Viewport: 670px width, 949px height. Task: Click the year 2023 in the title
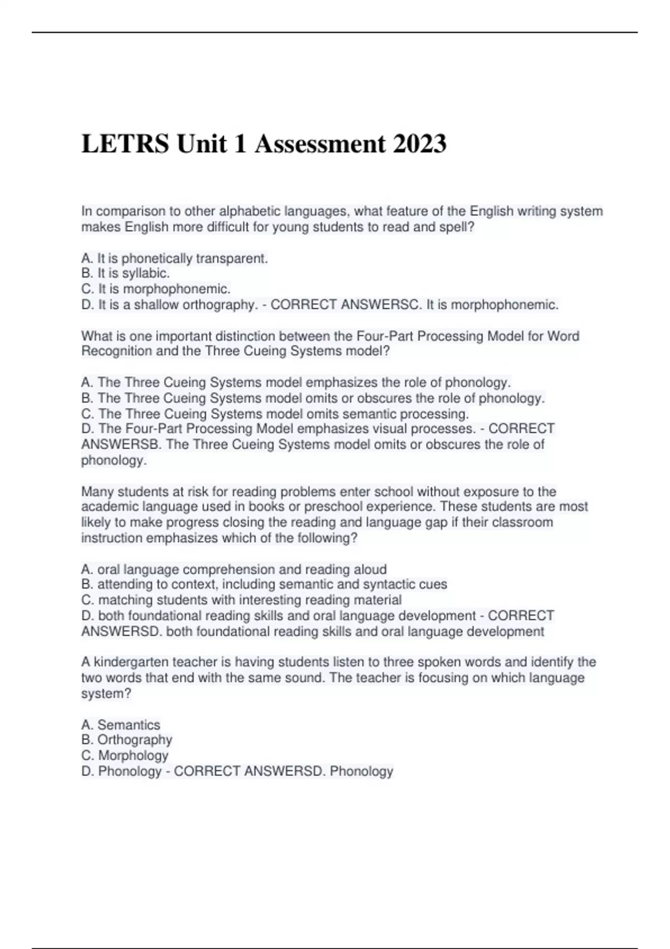(x=419, y=144)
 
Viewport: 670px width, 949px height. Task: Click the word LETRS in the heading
(x=125, y=144)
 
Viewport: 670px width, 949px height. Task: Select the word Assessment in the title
(x=320, y=144)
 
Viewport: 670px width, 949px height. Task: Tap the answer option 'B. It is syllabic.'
(x=126, y=274)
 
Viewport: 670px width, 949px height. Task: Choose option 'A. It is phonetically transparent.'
(x=174, y=258)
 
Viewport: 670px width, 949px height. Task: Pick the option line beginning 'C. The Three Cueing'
(x=275, y=414)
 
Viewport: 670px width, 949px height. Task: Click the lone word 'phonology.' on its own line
(x=114, y=461)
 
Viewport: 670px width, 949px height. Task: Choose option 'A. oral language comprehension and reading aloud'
(x=234, y=569)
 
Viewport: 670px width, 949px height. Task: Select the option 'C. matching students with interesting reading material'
(x=241, y=600)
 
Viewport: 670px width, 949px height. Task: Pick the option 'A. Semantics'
(x=121, y=725)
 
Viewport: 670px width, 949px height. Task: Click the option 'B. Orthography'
(x=127, y=740)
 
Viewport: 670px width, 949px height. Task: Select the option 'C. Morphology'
(x=125, y=755)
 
